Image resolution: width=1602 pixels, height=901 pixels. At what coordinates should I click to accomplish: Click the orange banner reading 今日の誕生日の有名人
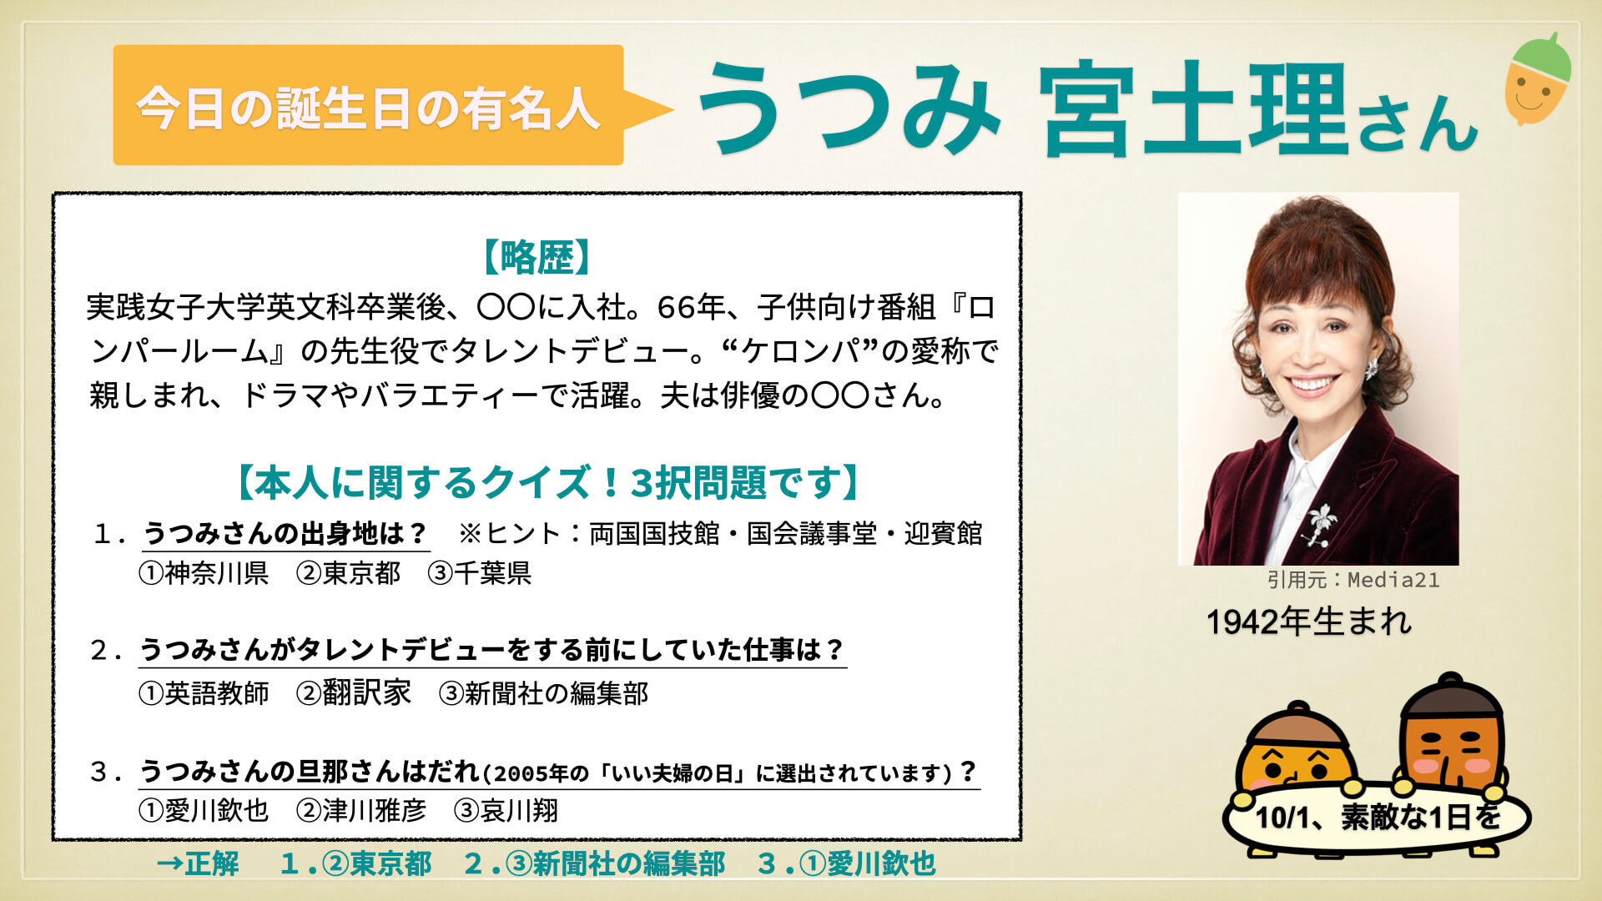coord(368,105)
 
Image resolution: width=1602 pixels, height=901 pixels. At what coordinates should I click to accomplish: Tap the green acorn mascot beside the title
coord(1538,79)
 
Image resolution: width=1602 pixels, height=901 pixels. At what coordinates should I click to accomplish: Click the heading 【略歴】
coord(537,257)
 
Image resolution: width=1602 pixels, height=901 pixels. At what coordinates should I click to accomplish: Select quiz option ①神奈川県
coord(204,573)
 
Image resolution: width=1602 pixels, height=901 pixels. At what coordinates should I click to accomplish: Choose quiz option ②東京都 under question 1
coord(349,573)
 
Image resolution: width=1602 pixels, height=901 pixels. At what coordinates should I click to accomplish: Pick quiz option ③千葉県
coord(480,573)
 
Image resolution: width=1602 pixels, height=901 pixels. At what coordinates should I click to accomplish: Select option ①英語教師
coord(204,693)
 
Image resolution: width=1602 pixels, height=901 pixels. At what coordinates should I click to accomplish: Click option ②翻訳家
coord(354,693)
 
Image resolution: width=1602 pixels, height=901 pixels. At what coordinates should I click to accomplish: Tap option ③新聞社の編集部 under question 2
coord(544,693)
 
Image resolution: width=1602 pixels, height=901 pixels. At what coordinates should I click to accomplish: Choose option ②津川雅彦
coord(361,810)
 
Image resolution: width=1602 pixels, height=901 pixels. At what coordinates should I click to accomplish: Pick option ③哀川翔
coord(506,810)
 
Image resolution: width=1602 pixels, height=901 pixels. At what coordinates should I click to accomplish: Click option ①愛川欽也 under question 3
coord(204,810)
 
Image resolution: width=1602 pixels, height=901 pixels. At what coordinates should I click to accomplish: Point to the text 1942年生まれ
coord(1309,622)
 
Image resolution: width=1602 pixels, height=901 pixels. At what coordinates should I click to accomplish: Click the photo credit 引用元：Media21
coord(1353,580)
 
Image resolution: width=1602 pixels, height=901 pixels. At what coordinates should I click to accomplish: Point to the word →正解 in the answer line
coord(198,863)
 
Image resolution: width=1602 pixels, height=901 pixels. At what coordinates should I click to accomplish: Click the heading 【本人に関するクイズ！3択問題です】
coord(548,483)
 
